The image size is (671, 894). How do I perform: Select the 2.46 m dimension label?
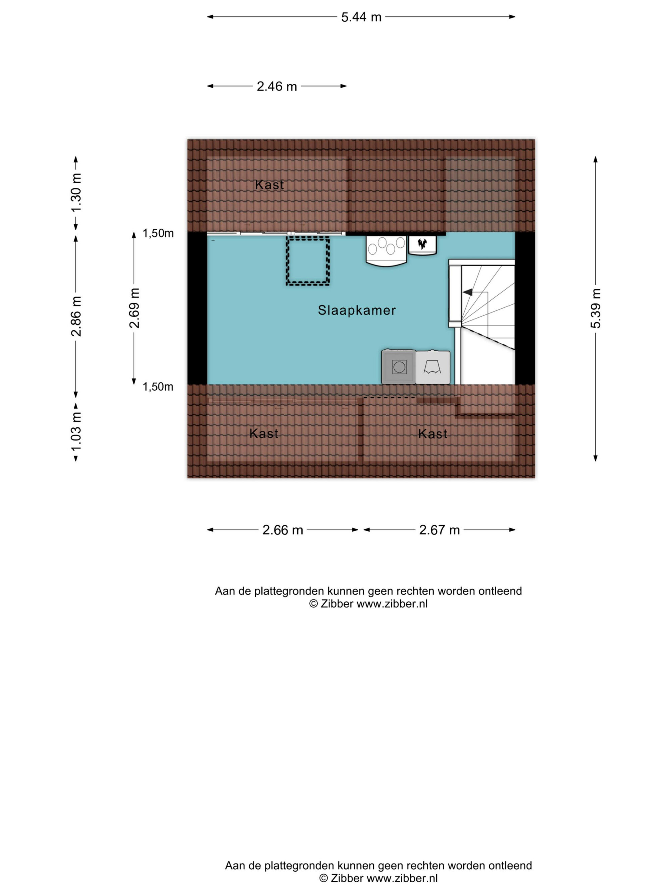coord(277,86)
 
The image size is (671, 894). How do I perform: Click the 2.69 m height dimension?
coord(134,308)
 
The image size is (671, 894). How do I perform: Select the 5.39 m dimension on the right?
coord(596,308)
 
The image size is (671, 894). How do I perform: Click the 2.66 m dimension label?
coord(283,530)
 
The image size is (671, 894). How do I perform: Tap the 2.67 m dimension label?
coord(439,530)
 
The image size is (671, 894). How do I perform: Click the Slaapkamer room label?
coord(357,310)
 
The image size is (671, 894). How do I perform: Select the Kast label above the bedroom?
coord(269,185)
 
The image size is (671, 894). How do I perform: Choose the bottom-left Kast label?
coord(264,434)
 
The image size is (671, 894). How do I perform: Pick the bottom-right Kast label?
coord(432,434)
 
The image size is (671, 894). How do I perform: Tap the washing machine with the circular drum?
coord(398,367)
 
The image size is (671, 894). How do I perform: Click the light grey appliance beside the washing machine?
coord(433,367)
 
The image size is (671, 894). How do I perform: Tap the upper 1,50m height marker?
coord(158,233)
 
